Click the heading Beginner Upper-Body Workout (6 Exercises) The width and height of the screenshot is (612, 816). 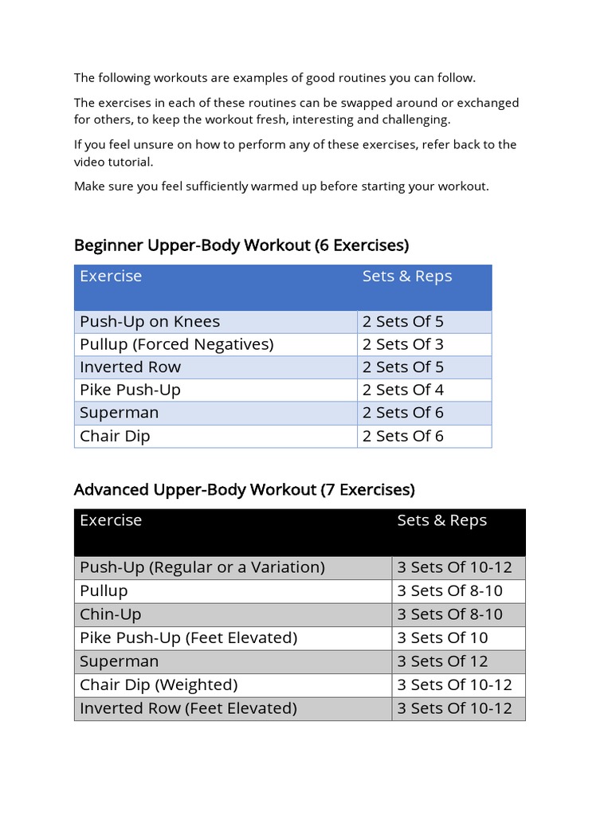coord(241,245)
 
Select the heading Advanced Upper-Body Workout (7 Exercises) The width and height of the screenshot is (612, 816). coord(244,488)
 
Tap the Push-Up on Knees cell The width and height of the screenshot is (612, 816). coord(150,322)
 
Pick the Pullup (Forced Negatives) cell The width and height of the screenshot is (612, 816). coord(176,344)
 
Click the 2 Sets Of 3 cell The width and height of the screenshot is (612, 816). coord(402,344)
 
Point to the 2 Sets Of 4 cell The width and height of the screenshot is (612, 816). coord(402,390)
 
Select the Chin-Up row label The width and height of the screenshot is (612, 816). coord(110,614)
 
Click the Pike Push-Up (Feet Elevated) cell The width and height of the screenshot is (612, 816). coord(188,637)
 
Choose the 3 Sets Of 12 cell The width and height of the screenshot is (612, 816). coord(442,661)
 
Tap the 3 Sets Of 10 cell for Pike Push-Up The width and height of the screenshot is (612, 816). coord(442,637)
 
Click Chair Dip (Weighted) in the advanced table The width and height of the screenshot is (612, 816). coord(159,685)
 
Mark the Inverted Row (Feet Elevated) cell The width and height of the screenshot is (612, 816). coord(188,708)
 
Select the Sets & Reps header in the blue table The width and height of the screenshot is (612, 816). coord(406,277)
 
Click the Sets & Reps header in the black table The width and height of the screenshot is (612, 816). coord(441,520)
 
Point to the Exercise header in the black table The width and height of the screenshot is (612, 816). coord(111,520)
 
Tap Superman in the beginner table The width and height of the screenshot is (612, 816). coord(119,413)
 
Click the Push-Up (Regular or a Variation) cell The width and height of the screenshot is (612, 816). coord(202,567)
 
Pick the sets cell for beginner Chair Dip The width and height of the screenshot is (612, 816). coord(402,436)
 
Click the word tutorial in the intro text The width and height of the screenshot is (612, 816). coord(130,162)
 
